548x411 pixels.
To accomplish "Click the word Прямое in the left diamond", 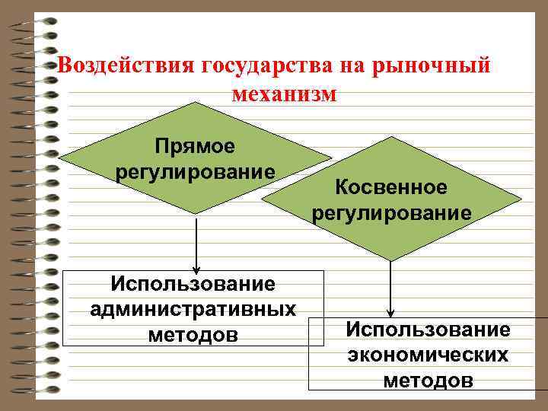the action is pyautogui.click(x=195, y=145).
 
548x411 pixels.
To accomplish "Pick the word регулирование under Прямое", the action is pyautogui.click(x=196, y=171).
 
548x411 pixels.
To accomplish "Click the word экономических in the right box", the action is pyautogui.click(x=427, y=355).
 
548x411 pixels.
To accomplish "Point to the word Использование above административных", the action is pyautogui.click(x=193, y=284).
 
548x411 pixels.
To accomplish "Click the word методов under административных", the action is pyautogui.click(x=193, y=335).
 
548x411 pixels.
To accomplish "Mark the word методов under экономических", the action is pyautogui.click(x=427, y=380).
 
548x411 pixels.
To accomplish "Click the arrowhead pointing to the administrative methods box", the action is pyautogui.click(x=196, y=269).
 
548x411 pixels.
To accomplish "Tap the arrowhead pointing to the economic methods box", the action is pyautogui.click(x=390, y=312).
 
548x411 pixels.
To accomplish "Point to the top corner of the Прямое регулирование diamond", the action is pyautogui.click(x=196, y=102).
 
